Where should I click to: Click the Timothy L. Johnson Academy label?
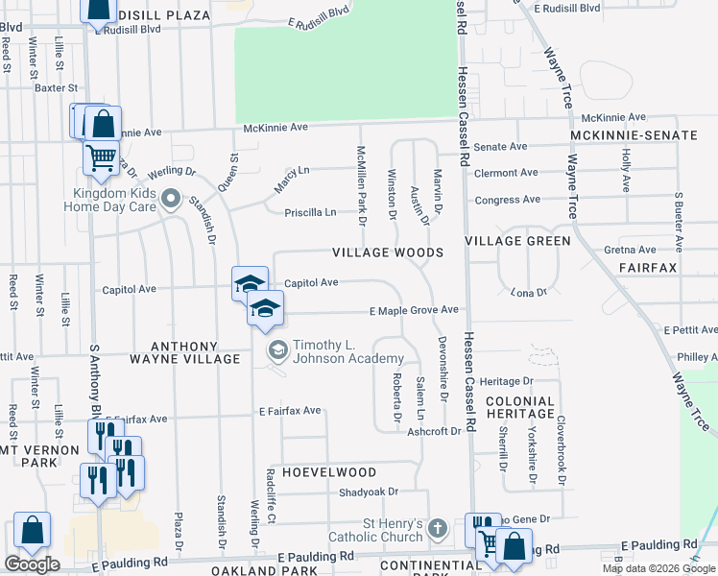pyautogui.click(x=348, y=352)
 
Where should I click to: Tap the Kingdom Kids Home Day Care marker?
pyautogui.click(x=171, y=200)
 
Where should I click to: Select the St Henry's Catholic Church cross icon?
pyautogui.click(x=437, y=528)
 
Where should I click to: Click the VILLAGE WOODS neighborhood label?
pyautogui.click(x=388, y=252)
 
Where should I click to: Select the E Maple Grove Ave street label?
pyautogui.click(x=415, y=310)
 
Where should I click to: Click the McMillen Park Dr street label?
pyautogui.click(x=362, y=187)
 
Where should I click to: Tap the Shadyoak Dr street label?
pyautogui.click(x=368, y=492)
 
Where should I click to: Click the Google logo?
pyautogui.click(x=32, y=564)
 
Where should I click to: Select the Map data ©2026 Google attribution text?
pyautogui.click(x=658, y=568)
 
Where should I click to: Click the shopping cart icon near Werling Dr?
pyautogui.click(x=101, y=156)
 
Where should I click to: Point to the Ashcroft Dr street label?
pyautogui.click(x=434, y=431)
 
